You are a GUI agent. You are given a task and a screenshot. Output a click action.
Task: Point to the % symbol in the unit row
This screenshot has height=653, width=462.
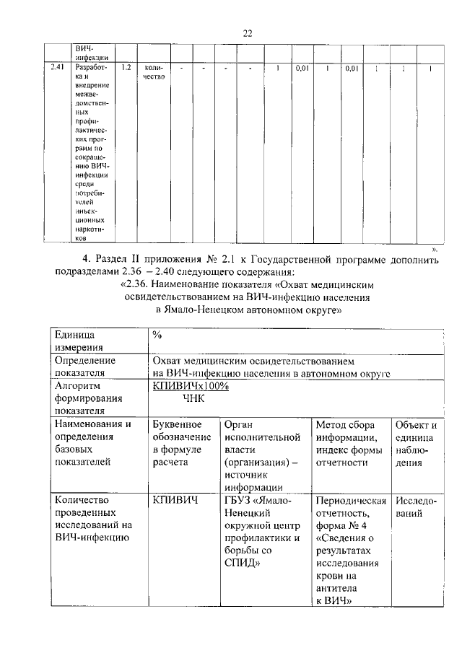coord(157,335)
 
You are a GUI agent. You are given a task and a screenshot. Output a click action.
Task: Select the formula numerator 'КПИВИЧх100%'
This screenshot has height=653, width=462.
coord(191,386)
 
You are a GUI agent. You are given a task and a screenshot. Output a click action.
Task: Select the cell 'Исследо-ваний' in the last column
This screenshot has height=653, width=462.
coord(415,507)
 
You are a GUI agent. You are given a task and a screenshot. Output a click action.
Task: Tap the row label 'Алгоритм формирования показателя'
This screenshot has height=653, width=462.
coord(84,398)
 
